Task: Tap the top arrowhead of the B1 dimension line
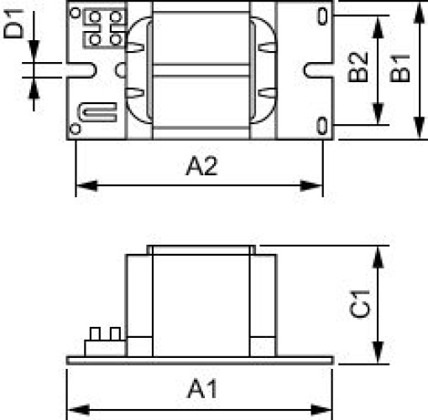tap(418, 6)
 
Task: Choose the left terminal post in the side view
tap(94, 334)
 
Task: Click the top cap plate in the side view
tap(201, 249)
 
